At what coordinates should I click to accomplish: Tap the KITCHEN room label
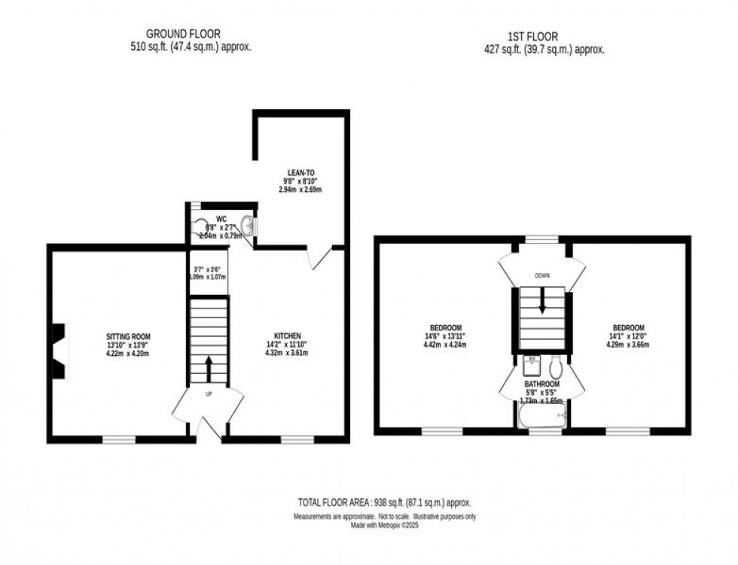pyautogui.click(x=288, y=336)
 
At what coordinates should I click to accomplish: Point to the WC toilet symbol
pyautogui.click(x=199, y=226)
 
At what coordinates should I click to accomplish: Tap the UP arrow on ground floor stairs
pyautogui.click(x=209, y=369)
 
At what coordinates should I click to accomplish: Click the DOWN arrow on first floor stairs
pyautogui.click(x=542, y=301)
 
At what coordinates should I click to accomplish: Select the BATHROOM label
pyautogui.click(x=542, y=383)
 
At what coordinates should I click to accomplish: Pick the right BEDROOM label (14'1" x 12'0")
pyautogui.click(x=628, y=327)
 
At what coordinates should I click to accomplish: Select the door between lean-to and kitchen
pyautogui.click(x=319, y=257)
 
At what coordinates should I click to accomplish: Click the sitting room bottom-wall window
pyautogui.click(x=119, y=439)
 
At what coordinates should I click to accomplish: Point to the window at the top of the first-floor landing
pyautogui.click(x=542, y=240)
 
